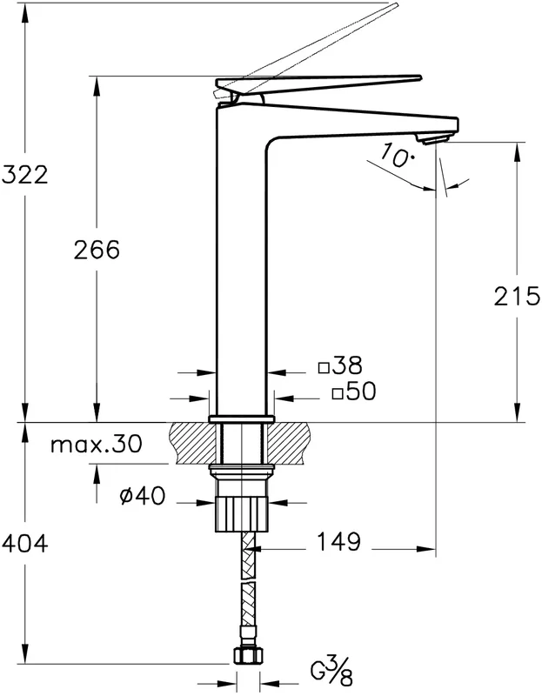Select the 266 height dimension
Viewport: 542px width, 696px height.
point(97,250)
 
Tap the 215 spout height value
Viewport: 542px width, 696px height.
point(517,296)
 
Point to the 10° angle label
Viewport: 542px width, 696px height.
point(397,156)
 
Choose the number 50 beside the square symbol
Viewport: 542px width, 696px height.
point(360,391)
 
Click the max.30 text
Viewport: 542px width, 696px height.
point(97,444)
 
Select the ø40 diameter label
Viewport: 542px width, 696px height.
point(142,496)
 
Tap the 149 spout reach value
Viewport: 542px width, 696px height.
point(338,541)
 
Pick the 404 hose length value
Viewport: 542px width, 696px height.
point(24,543)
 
